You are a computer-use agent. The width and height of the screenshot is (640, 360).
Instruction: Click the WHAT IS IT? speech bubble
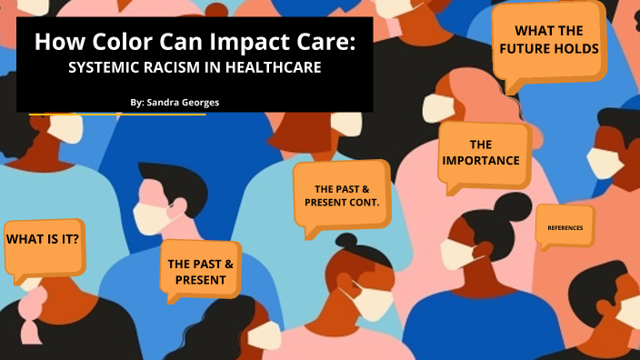pos(43,240)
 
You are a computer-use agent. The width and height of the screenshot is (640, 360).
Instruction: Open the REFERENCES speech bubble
pos(565,225)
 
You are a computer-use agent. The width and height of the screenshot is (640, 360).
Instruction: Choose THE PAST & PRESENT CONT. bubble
pos(341,194)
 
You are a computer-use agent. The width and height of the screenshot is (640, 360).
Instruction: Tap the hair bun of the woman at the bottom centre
pos(350,244)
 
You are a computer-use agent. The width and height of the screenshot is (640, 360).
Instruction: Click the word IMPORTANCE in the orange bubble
pos(481,160)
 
